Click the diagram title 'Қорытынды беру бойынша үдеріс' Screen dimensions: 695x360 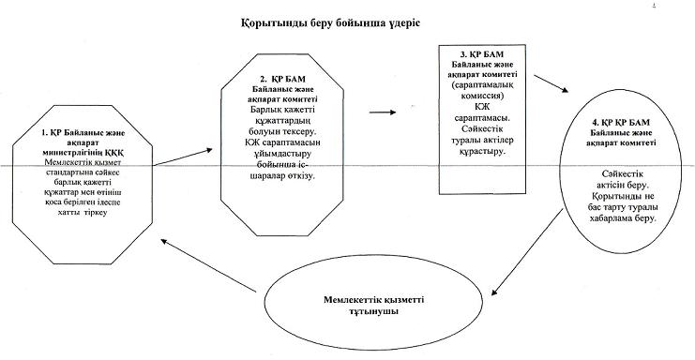pos(330,23)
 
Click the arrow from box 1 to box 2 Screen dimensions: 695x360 pos(183,157)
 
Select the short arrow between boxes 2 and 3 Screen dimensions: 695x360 pos(383,112)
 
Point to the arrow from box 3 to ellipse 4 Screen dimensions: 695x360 pos(551,83)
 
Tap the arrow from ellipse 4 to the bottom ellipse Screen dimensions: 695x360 pos(527,252)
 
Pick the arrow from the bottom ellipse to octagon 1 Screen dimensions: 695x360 pos(209,265)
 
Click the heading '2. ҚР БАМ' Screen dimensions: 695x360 pos(282,80)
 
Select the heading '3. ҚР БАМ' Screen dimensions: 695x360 pos(482,54)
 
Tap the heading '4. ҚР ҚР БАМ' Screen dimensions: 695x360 pos(621,122)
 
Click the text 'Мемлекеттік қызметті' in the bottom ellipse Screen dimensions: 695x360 pos(373,300)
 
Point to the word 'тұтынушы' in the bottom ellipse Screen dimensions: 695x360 pos(373,311)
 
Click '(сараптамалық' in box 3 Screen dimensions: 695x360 pos(482,85)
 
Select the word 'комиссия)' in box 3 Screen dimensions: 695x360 pos(482,96)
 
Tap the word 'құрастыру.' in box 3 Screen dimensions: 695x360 pos(483,151)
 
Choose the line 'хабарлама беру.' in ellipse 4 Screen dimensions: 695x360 pos(622,218)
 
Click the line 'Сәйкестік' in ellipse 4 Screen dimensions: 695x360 pos(622,174)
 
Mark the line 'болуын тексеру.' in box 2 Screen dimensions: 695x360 pos(283,131)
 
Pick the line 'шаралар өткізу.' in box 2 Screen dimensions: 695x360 pos(283,176)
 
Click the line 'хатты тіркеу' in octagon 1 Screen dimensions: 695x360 pos(83,213)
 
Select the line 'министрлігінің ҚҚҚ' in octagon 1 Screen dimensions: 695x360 pos(83,152)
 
